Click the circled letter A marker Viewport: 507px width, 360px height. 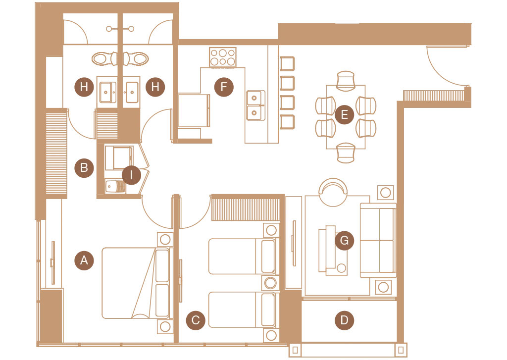tap(84, 260)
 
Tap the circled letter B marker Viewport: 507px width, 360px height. tap(84, 168)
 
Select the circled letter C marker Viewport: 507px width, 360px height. tap(196, 320)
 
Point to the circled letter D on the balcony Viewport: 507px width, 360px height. tap(345, 320)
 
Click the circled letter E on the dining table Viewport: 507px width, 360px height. tap(345, 114)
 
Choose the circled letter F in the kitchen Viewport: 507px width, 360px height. tap(224, 87)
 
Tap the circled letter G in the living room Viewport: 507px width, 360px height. tap(345, 240)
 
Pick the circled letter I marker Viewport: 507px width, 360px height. tap(131, 175)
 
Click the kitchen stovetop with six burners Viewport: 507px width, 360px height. tap(223, 57)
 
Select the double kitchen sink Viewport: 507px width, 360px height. tap(256, 105)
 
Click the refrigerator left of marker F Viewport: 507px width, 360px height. tap(194, 110)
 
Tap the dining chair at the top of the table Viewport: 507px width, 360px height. tap(346, 81)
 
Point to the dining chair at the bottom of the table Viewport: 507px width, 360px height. tap(346, 153)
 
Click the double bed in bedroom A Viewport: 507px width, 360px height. tap(136, 283)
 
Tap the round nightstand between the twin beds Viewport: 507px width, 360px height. tap(270, 283)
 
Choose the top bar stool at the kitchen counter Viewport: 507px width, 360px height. tap(287, 63)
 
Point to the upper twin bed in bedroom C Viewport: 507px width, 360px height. tap(243, 257)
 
